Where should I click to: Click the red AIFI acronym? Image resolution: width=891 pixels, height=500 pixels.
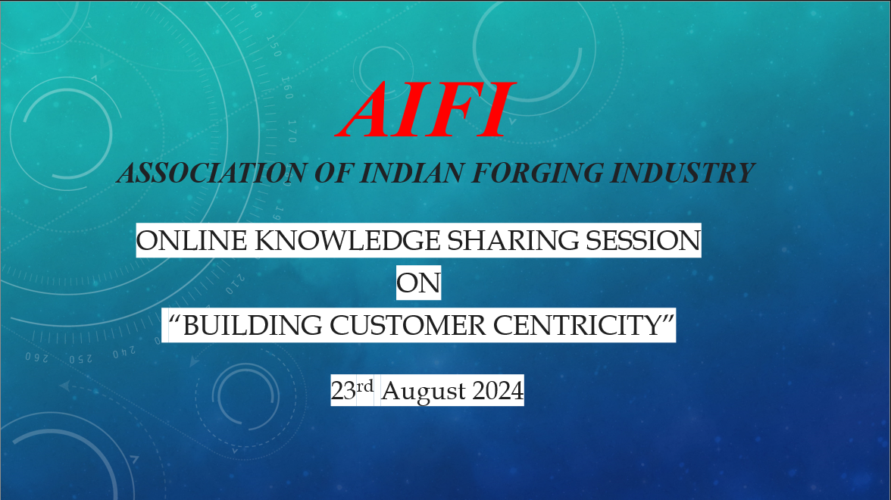(x=425, y=111)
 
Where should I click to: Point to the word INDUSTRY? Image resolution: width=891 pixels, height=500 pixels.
(x=682, y=173)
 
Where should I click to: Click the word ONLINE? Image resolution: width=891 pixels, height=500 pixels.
(x=192, y=240)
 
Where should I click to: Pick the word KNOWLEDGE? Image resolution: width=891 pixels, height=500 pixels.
(x=347, y=240)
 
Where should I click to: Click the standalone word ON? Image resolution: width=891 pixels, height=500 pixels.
(x=418, y=283)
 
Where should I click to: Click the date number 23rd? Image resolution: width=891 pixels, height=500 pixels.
(x=352, y=390)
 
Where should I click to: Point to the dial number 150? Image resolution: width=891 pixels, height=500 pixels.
(x=274, y=46)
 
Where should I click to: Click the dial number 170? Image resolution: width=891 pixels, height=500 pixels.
(x=292, y=130)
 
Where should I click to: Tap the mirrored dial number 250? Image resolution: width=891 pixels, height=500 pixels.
(x=80, y=359)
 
